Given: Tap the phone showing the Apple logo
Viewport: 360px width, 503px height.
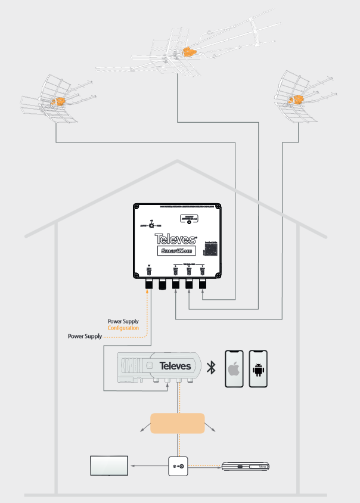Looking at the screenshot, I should click(x=234, y=370).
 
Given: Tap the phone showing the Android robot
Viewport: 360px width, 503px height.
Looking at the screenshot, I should click(x=258, y=370).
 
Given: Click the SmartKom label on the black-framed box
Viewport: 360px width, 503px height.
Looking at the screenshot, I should click(x=176, y=251).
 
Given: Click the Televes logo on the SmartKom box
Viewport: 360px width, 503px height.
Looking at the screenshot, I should click(x=176, y=238).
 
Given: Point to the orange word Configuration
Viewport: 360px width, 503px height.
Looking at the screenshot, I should click(x=123, y=328).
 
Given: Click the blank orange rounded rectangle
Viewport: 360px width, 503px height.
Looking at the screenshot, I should click(x=178, y=423).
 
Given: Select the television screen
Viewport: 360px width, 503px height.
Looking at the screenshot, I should click(x=108, y=465).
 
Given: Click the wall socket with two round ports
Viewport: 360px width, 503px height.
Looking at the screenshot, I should click(x=178, y=465).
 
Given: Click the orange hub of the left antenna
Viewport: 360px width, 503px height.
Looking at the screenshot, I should click(x=57, y=102).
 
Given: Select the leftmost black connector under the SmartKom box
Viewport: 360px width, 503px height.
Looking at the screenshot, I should click(x=149, y=286).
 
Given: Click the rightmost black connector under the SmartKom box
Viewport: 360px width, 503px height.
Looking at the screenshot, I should click(x=203, y=286).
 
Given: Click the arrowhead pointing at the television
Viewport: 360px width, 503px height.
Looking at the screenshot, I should click(x=133, y=465).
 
